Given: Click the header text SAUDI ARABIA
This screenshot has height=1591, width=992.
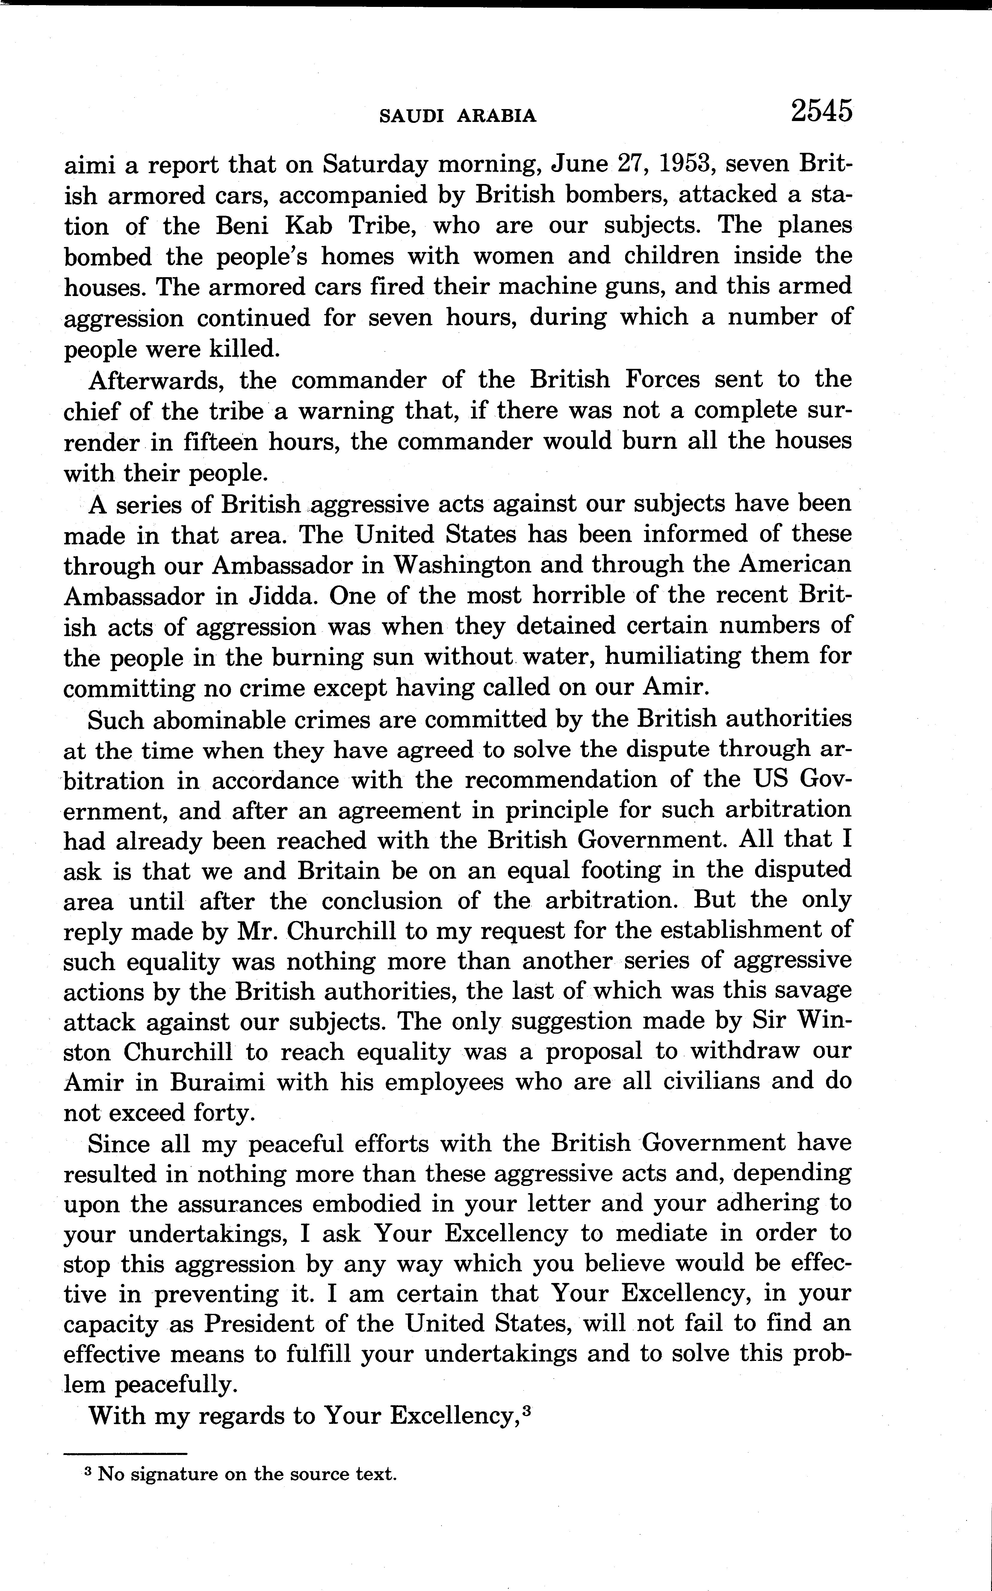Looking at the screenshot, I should point(458,116).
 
